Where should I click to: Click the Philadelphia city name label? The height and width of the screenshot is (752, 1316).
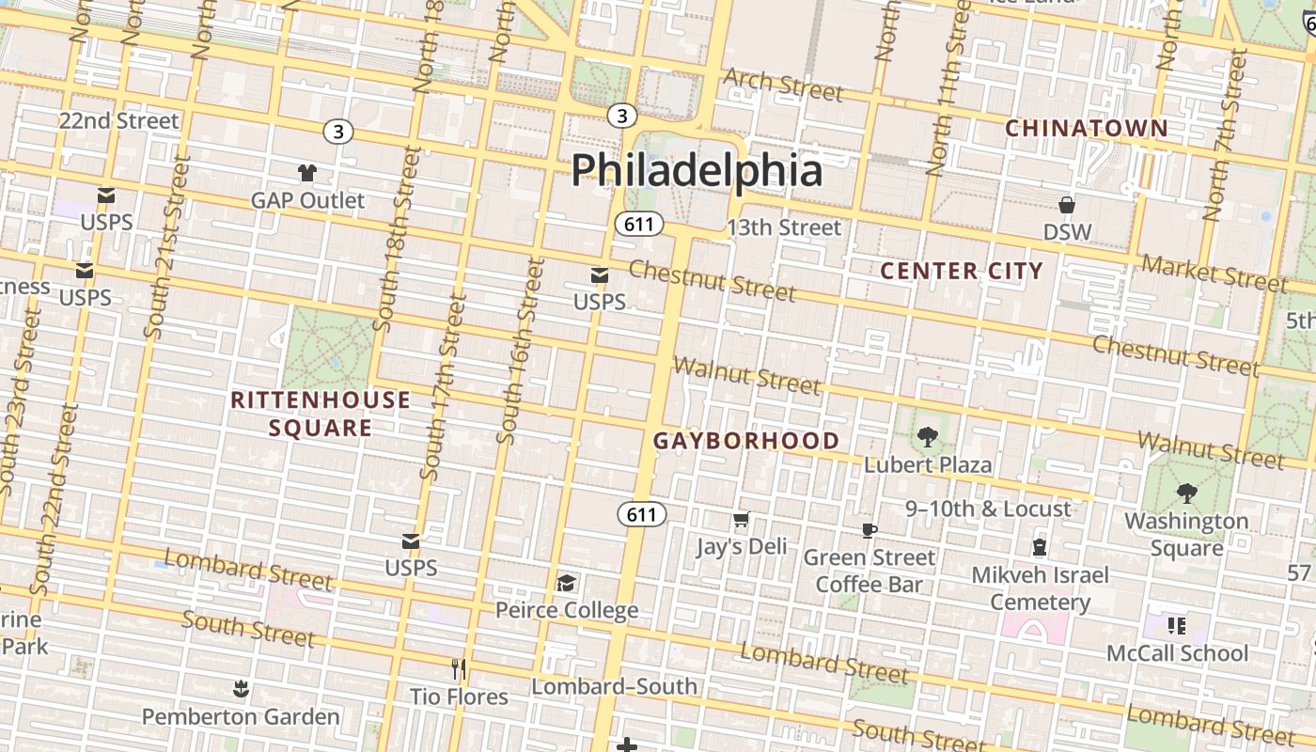click(697, 170)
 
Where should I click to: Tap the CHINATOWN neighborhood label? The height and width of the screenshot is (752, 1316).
click(1087, 128)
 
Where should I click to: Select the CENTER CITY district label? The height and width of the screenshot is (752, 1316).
click(962, 271)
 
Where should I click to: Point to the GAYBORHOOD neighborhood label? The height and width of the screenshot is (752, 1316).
click(746, 440)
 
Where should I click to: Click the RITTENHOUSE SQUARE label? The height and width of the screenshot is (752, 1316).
click(321, 414)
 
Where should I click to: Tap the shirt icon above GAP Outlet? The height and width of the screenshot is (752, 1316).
click(307, 172)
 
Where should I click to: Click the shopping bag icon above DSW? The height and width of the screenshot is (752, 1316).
click(1067, 204)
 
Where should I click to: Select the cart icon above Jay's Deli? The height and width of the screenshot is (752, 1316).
click(741, 519)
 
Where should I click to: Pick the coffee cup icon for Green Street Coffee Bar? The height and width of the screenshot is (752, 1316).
click(869, 530)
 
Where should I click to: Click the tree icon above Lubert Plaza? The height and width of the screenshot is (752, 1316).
click(928, 436)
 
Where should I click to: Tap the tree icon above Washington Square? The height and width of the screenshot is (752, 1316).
click(1186, 493)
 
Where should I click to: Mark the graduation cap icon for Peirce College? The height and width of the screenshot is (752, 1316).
click(567, 583)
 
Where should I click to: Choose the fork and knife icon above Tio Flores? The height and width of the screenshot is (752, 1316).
click(459, 668)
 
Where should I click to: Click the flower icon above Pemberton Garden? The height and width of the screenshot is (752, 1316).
click(241, 689)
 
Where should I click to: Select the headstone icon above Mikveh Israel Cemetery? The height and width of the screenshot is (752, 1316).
click(1040, 546)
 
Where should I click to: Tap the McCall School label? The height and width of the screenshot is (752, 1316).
click(1177, 652)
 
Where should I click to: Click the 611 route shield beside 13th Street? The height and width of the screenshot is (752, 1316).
click(640, 224)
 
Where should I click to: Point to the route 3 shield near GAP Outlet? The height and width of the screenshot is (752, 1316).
click(337, 132)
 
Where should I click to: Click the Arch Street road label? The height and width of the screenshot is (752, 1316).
click(783, 85)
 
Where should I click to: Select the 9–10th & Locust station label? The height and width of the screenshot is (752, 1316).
click(988, 509)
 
